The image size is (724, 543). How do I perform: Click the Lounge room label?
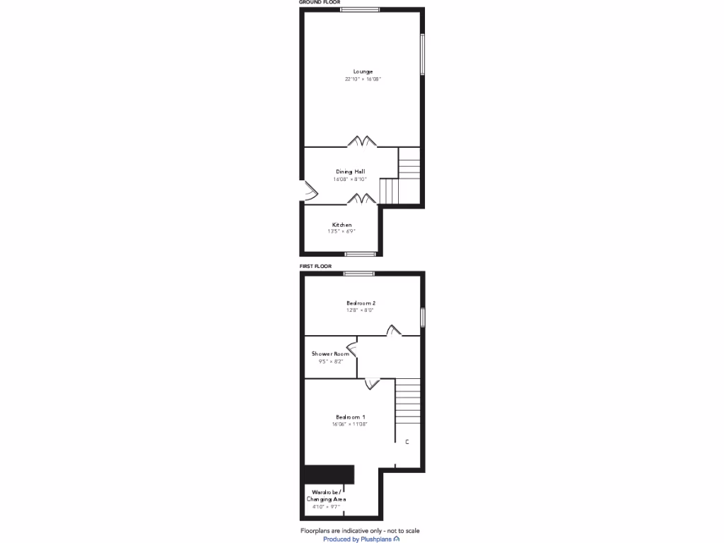click(x=363, y=71)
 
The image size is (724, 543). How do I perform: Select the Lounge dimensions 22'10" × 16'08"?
click(x=363, y=79)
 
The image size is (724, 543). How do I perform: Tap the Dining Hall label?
click(x=350, y=171)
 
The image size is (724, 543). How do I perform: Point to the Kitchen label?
click(x=342, y=225)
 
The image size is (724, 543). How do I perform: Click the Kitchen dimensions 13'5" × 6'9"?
click(x=341, y=232)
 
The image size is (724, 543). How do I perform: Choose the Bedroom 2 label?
click(x=361, y=303)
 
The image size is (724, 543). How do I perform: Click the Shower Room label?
click(x=331, y=354)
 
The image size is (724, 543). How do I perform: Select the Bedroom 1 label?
click(x=350, y=416)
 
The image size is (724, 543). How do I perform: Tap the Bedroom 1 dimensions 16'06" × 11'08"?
click(x=350, y=424)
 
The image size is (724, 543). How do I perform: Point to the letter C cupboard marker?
click(x=407, y=442)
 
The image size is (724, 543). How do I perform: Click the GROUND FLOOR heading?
click(x=320, y=3)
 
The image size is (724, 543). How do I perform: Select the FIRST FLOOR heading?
click(x=316, y=267)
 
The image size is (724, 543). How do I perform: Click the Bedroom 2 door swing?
click(x=393, y=330)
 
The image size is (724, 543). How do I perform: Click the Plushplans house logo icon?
click(x=397, y=539)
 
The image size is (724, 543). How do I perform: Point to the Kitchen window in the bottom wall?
click(x=360, y=253)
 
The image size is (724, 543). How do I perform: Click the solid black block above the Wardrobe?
click(x=328, y=474)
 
